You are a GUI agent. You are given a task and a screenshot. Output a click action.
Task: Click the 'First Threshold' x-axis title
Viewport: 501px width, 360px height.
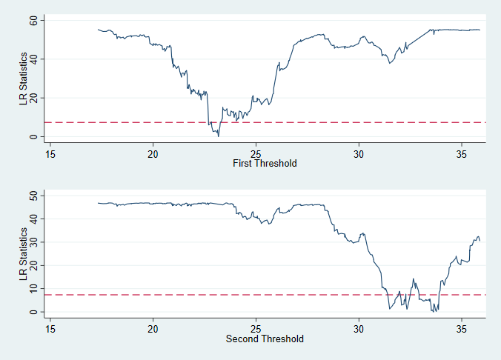(265, 163)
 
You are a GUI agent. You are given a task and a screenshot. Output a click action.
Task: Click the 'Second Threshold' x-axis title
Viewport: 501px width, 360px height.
(265, 339)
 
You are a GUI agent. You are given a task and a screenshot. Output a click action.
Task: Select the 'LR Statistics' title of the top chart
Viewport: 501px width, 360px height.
(24, 78)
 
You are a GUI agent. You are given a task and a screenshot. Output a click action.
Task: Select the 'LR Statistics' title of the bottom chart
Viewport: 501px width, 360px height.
(24, 253)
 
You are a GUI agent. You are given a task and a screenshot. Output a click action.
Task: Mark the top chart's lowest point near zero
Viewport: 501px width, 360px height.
(218, 136)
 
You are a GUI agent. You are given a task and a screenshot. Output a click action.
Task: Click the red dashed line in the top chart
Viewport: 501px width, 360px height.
(111, 122)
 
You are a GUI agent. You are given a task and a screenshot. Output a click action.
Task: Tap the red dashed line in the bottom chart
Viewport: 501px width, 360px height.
(111, 295)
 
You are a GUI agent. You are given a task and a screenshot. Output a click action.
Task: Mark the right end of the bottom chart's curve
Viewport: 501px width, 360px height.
(480, 241)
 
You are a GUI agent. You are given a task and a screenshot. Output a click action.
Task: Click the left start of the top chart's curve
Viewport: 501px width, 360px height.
(99, 30)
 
